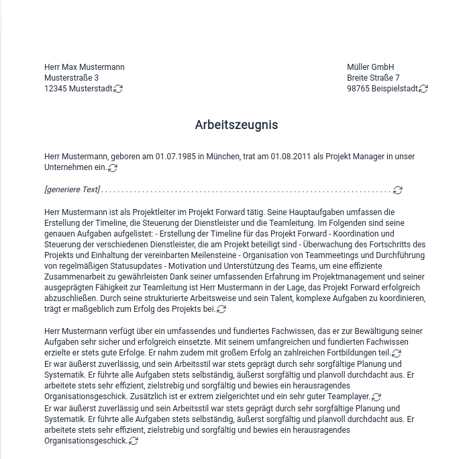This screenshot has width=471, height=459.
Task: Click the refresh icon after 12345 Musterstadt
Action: (x=118, y=89)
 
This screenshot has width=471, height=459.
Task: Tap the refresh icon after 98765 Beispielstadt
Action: (x=423, y=89)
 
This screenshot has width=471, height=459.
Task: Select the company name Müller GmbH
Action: (x=370, y=67)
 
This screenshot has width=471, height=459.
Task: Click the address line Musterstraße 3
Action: (x=71, y=78)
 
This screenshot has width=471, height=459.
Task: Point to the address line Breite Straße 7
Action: (x=373, y=78)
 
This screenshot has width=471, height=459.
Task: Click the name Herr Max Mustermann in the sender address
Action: (x=84, y=67)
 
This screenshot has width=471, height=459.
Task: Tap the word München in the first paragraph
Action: (x=223, y=157)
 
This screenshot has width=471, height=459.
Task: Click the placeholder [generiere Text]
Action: (x=72, y=190)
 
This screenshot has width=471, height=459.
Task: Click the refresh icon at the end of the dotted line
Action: (x=398, y=190)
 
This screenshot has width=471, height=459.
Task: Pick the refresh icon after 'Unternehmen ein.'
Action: (x=113, y=168)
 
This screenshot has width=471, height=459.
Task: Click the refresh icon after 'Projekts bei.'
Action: (x=221, y=309)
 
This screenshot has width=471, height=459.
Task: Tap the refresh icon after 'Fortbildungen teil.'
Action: (x=397, y=353)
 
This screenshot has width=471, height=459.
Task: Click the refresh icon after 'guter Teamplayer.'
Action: (x=376, y=397)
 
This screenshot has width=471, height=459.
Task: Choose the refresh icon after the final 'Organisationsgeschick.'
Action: (x=134, y=441)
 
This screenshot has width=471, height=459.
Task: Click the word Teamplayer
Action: (x=348, y=397)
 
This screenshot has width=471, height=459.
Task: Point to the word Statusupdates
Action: (x=130, y=265)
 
